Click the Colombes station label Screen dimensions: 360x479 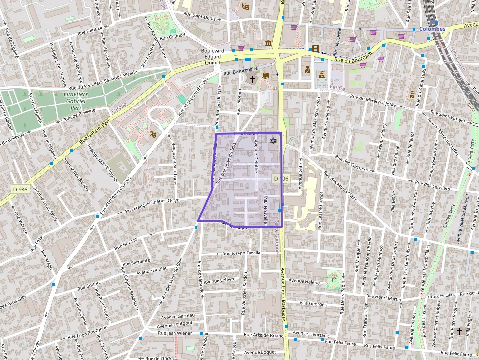pos(432,29)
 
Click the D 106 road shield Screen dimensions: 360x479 pos(281,179)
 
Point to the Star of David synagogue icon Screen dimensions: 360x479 pos(273,141)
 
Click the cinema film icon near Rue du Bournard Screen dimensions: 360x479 pos(315,48)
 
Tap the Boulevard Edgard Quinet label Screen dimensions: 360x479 pos(213,56)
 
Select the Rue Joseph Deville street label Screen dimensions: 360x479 pos(241,254)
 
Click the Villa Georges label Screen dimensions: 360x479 pos(313,304)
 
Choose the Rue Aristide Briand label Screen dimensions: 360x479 pos(263,335)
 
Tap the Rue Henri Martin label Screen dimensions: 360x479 pos(384,298)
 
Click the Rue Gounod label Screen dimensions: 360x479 pos(173,36)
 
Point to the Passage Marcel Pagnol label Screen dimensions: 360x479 pos(103,164)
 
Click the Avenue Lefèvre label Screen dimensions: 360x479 pos(219,280)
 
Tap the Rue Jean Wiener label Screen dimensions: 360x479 pos(175,333)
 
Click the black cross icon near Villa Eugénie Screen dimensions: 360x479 pos(459,331)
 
